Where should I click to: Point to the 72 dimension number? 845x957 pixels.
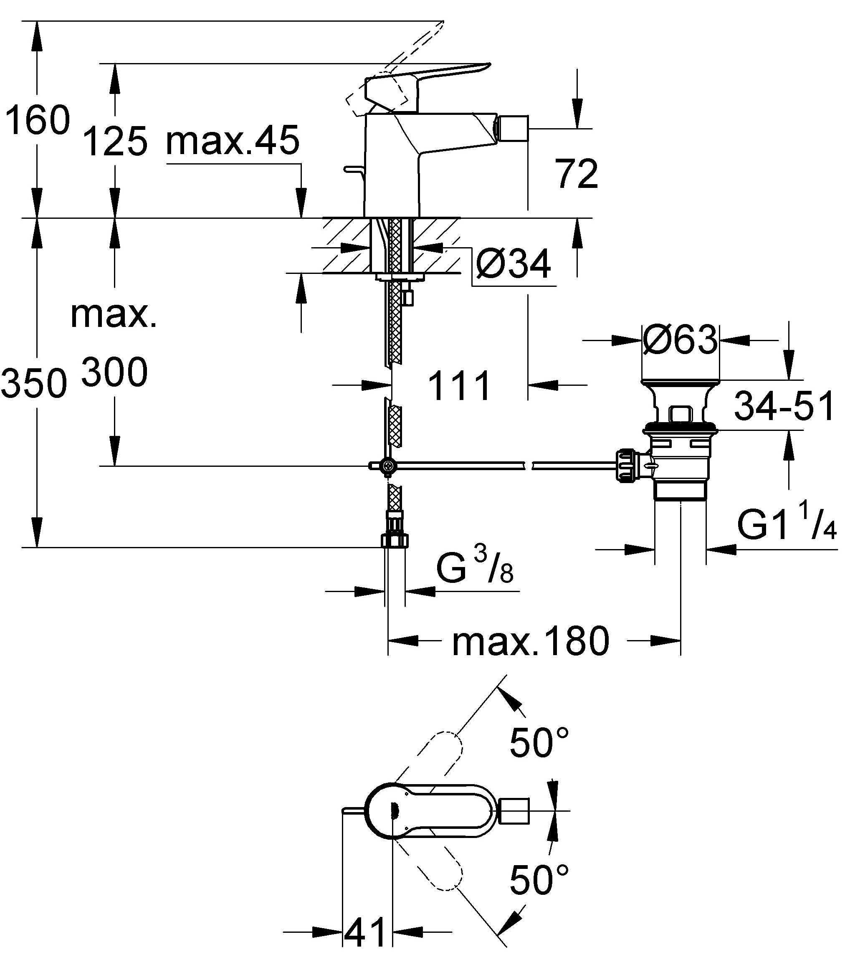pyautogui.click(x=577, y=174)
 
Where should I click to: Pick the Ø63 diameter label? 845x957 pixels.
pyautogui.click(x=680, y=340)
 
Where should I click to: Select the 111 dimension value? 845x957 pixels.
pyautogui.click(x=460, y=385)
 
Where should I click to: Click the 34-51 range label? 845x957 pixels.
pyautogui.click(x=784, y=405)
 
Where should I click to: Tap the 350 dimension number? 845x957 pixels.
pyautogui.click(x=34, y=383)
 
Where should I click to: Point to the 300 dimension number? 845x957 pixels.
pyautogui.click(x=114, y=372)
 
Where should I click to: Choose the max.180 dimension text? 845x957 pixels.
pyautogui.click(x=530, y=641)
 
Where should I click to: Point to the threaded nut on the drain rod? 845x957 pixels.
pyautogui.click(x=627, y=466)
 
